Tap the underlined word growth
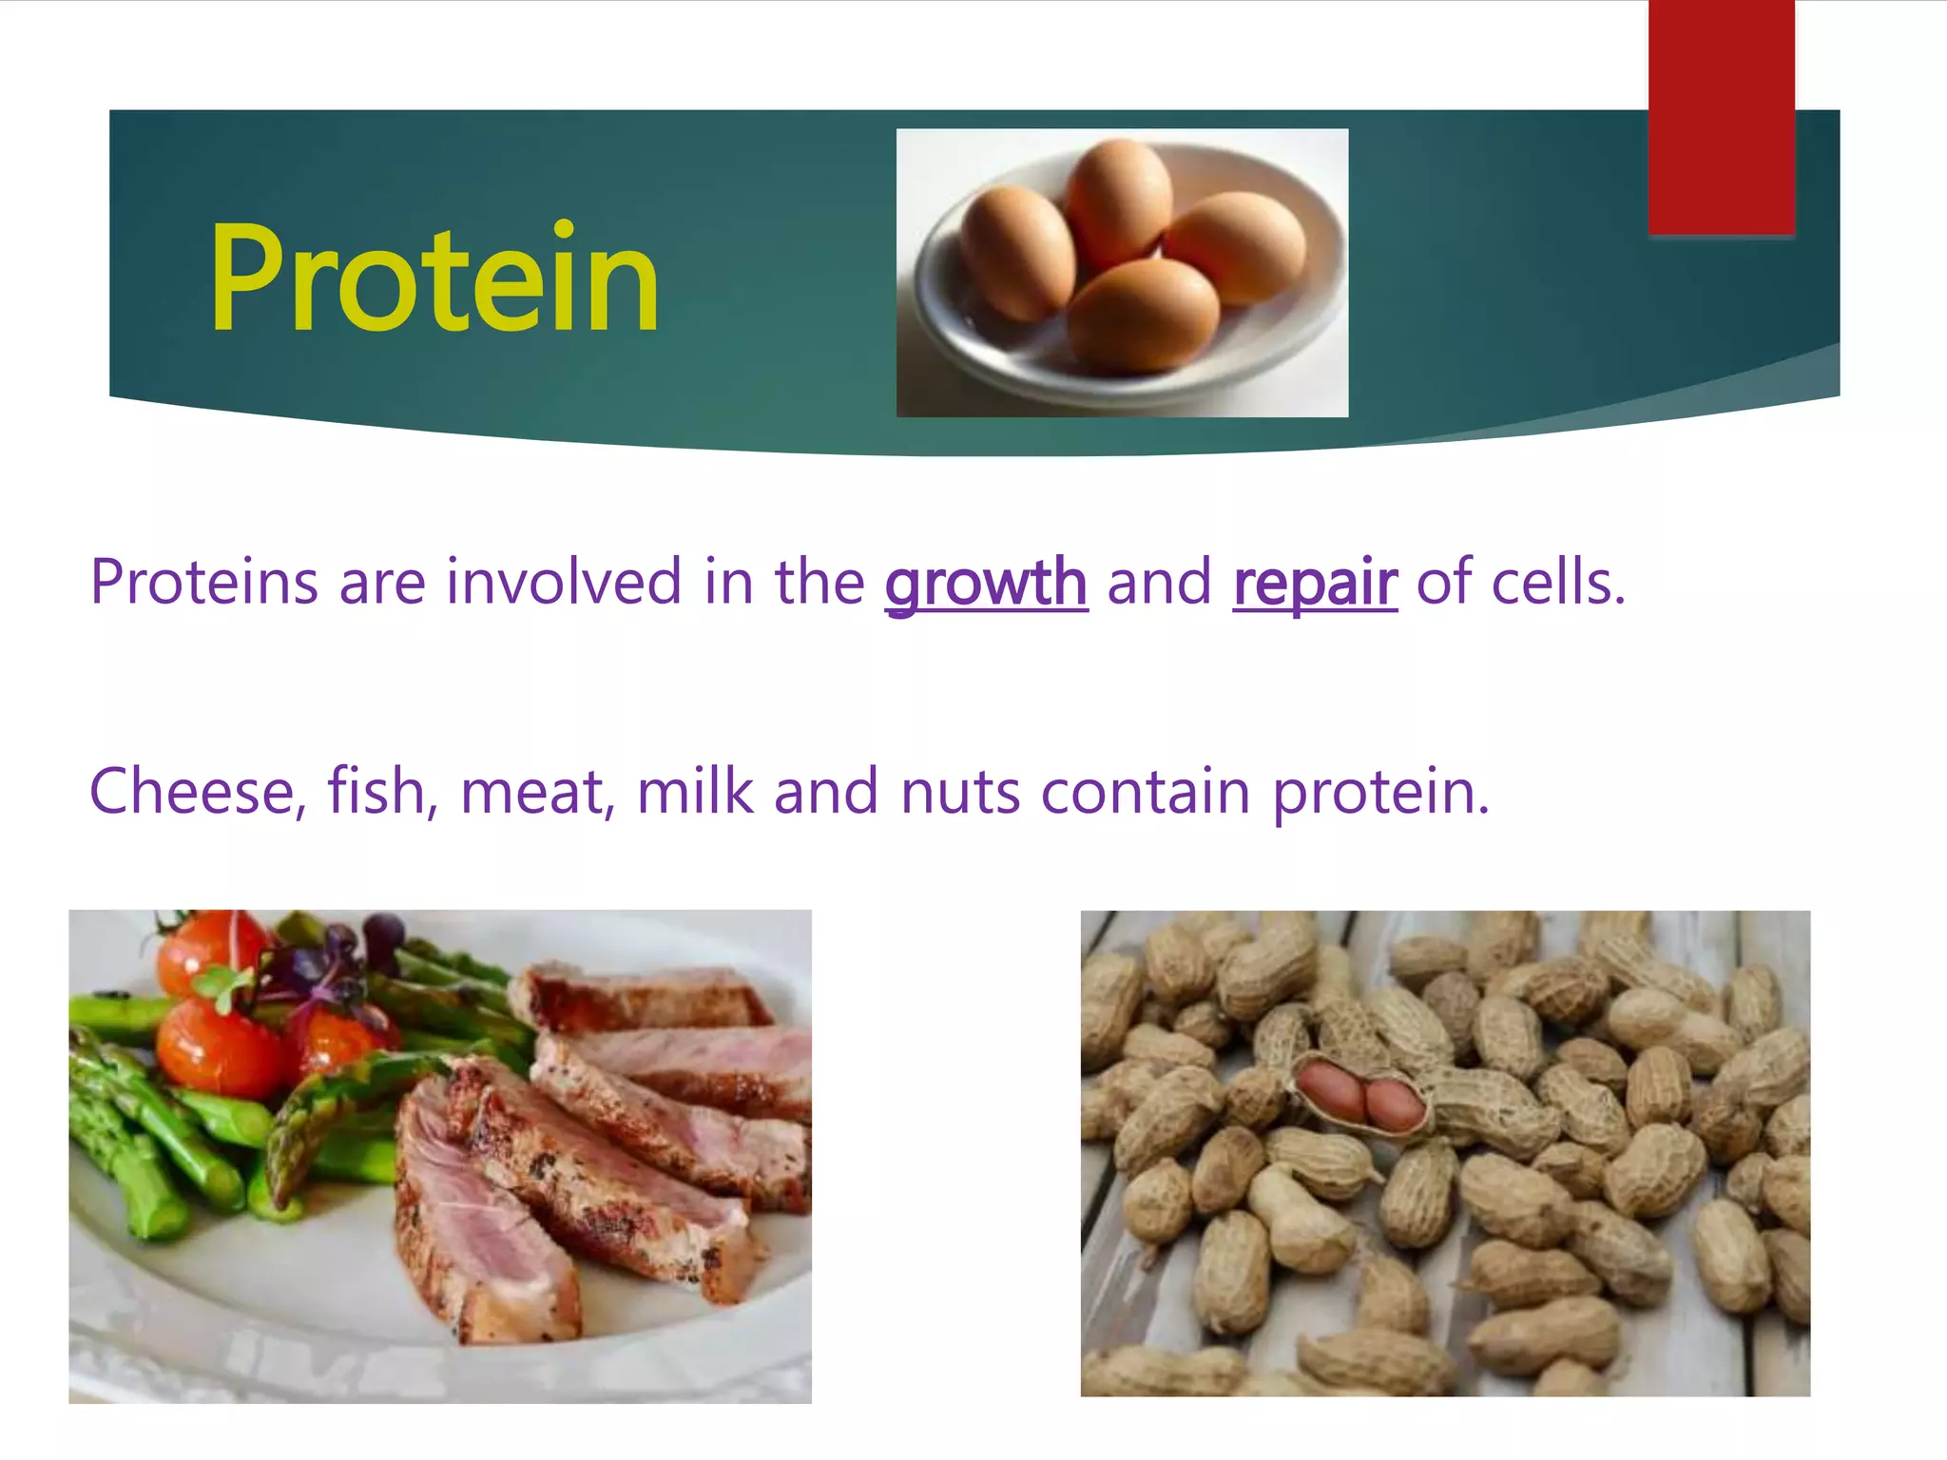986,583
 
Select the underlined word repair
1315,583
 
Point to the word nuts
960,793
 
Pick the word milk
694,791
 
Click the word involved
564,582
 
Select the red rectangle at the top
1721,116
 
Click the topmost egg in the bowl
1118,202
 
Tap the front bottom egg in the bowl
1143,316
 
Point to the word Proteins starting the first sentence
203,582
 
